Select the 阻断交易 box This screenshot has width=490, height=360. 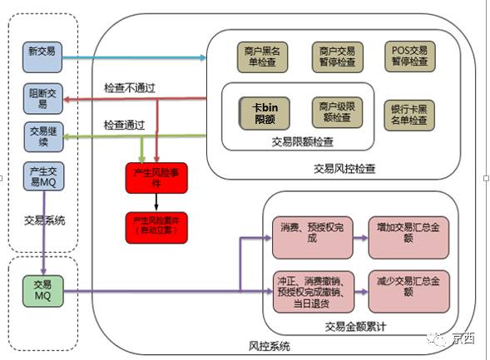[41, 99]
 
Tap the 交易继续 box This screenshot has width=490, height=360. [41, 137]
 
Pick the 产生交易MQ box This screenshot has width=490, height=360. [41, 176]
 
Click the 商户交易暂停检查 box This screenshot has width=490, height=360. [335, 57]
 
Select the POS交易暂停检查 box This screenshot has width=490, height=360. [408, 57]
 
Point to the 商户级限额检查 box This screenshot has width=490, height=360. [335, 112]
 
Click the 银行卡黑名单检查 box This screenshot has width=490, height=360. [408, 115]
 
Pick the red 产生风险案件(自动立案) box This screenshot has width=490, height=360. [154, 225]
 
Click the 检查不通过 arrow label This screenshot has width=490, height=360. [128, 87]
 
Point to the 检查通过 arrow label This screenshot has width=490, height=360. [124, 125]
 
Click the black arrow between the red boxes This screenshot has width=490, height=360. [154, 201]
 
